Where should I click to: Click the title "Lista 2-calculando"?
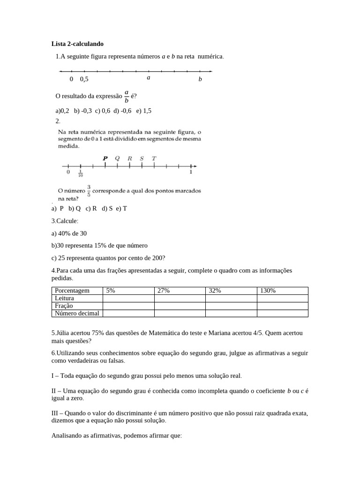pos(77,44)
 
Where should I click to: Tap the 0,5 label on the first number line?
pos(84,79)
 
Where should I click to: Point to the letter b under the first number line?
pos(200,79)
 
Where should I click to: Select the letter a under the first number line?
pos(148,78)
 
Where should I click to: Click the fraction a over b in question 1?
pos(127,96)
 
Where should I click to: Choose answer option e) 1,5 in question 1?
pos(144,111)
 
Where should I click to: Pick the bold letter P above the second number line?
pos(105,158)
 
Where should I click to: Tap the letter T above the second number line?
pos(154,158)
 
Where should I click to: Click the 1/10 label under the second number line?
pos(81,174)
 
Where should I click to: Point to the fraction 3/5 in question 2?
pos(89,191)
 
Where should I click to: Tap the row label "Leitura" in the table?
pos(65,298)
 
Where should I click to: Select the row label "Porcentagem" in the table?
pos(72,291)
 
